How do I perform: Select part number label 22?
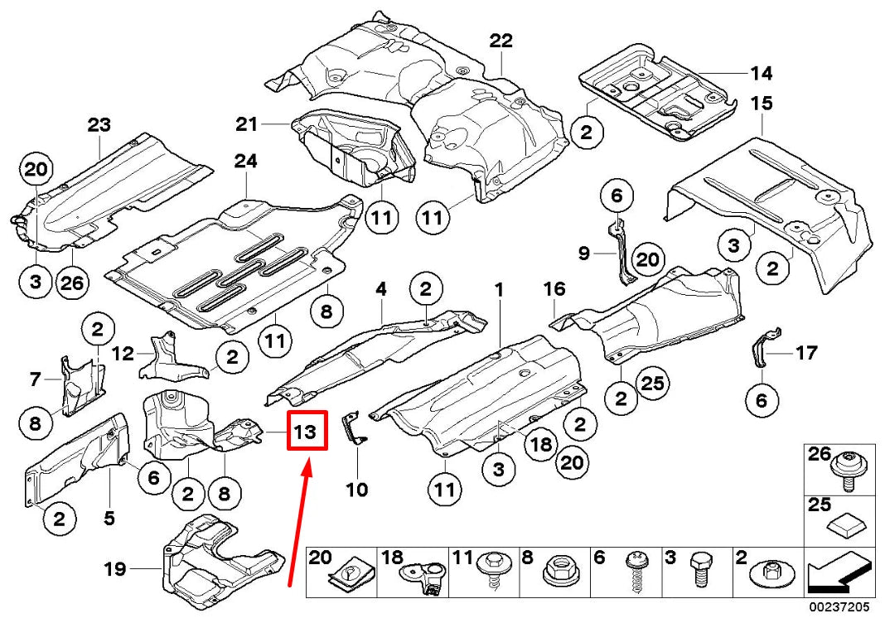501,40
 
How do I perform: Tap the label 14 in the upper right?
761,74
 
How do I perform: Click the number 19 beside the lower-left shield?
114,568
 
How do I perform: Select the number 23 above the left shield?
99,126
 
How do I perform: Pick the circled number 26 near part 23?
72,283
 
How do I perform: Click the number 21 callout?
247,124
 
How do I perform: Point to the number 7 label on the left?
35,380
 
